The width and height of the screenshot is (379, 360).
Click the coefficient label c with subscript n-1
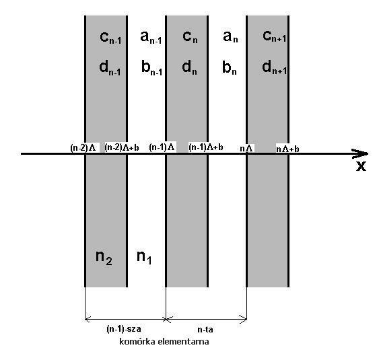point(110,38)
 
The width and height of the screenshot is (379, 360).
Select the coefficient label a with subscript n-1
point(151,37)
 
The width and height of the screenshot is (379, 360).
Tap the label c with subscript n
point(190,37)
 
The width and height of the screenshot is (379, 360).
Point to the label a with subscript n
point(230,37)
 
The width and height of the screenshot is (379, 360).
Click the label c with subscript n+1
point(275,36)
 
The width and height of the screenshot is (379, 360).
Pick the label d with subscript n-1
point(110,68)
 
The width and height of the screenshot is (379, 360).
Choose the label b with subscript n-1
point(151,68)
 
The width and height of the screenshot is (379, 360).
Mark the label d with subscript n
point(190,67)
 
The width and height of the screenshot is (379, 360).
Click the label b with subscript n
point(230,67)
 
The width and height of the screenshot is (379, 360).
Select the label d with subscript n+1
point(275,67)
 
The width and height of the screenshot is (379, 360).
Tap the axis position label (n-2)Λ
point(83,148)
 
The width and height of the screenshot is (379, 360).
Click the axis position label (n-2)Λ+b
point(122,147)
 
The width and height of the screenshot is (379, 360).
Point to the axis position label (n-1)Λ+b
point(206,147)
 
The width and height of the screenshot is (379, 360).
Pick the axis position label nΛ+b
point(287,149)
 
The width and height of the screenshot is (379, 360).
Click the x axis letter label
point(361,166)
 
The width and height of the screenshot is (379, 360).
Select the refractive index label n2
point(104,258)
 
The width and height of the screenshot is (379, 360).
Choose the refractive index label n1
point(144,257)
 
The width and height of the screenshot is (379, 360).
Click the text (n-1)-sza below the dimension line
point(124,329)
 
